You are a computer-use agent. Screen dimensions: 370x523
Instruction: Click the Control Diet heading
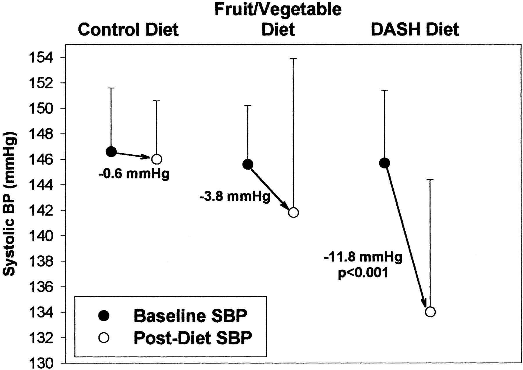pyautogui.click(x=128, y=29)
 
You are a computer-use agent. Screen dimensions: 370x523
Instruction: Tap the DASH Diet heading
pyautogui.click(x=415, y=29)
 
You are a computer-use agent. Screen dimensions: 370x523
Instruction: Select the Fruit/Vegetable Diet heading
pyautogui.click(x=278, y=19)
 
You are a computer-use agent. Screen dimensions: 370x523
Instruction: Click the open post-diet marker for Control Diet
pyautogui.click(x=157, y=159)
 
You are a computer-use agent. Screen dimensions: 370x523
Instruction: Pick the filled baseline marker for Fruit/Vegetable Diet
pyautogui.click(x=248, y=164)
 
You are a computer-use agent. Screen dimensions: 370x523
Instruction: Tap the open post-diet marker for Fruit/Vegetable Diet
pyautogui.click(x=293, y=213)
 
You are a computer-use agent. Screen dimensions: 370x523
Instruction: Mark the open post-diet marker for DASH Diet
pyautogui.click(x=430, y=312)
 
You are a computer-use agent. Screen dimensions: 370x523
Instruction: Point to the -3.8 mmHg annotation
pyautogui.click(x=235, y=197)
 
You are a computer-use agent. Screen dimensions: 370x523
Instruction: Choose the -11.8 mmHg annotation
pyautogui.click(x=363, y=257)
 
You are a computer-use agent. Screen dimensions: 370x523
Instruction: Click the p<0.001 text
pyautogui.click(x=363, y=273)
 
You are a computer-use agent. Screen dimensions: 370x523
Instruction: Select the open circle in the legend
pyautogui.click(x=104, y=338)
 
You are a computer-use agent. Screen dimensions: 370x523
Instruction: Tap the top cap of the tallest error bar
pyautogui.click(x=293, y=58)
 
